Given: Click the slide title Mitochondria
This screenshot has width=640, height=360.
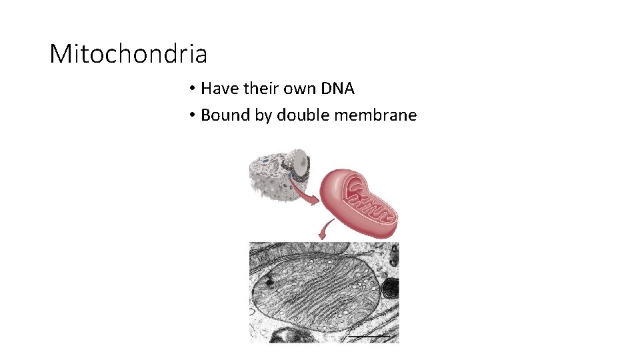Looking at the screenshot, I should pos(129,53).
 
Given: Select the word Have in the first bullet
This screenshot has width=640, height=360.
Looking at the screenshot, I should pos(216,88).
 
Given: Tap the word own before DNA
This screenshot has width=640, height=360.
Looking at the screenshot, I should pos(294,88).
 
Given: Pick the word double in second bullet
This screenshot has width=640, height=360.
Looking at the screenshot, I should pos(303,115).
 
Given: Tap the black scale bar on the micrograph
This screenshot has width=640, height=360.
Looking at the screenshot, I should pos(371,337).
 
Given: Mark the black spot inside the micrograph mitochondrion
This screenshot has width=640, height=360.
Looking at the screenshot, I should pos(269,282).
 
